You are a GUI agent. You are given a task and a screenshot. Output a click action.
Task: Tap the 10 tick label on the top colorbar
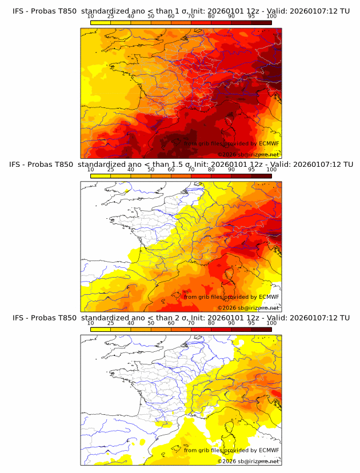point(91,17)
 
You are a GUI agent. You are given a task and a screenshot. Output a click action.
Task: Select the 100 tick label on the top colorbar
point(271,17)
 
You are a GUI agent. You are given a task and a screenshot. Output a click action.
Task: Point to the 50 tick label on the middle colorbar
point(151,170)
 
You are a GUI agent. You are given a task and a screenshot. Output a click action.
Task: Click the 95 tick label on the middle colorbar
point(251,170)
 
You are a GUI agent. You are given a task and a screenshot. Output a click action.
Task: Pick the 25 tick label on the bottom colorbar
point(111,323)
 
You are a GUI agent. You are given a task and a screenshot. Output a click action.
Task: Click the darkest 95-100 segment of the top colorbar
point(261,23)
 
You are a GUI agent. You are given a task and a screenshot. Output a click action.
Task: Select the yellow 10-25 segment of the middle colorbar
point(101,176)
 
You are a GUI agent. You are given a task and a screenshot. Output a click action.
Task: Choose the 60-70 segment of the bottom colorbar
point(181,329)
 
